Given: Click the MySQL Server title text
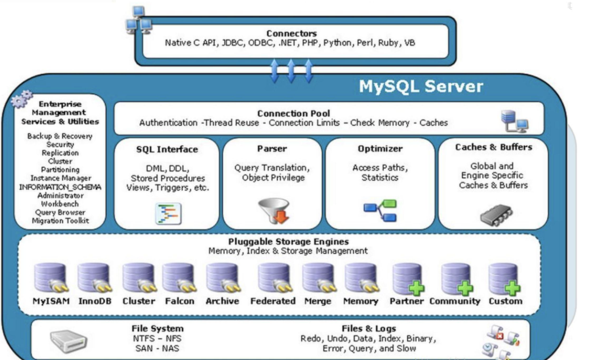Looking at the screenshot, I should click(421, 86).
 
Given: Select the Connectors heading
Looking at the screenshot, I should click(291, 34).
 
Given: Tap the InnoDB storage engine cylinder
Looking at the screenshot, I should click(94, 278).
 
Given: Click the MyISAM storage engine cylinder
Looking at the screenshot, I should click(50, 278).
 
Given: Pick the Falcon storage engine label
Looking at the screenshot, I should click(179, 301).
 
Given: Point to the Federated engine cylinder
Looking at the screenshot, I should click(273, 278).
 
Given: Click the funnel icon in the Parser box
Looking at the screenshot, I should click(274, 210).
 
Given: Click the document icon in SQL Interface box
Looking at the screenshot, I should click(168, 213).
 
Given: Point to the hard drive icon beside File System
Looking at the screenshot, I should click(69, 341).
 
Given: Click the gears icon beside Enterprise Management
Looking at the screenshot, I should click(22, 99).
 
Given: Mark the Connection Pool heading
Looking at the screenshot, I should click(293, 114).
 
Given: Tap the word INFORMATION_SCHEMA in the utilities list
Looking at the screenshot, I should click(60, 187).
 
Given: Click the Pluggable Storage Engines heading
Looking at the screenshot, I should click(288, 242).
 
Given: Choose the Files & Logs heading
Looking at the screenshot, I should click(369, 329).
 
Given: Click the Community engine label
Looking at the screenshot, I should click(454, 301).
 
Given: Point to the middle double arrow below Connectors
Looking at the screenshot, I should click(291, 70).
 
